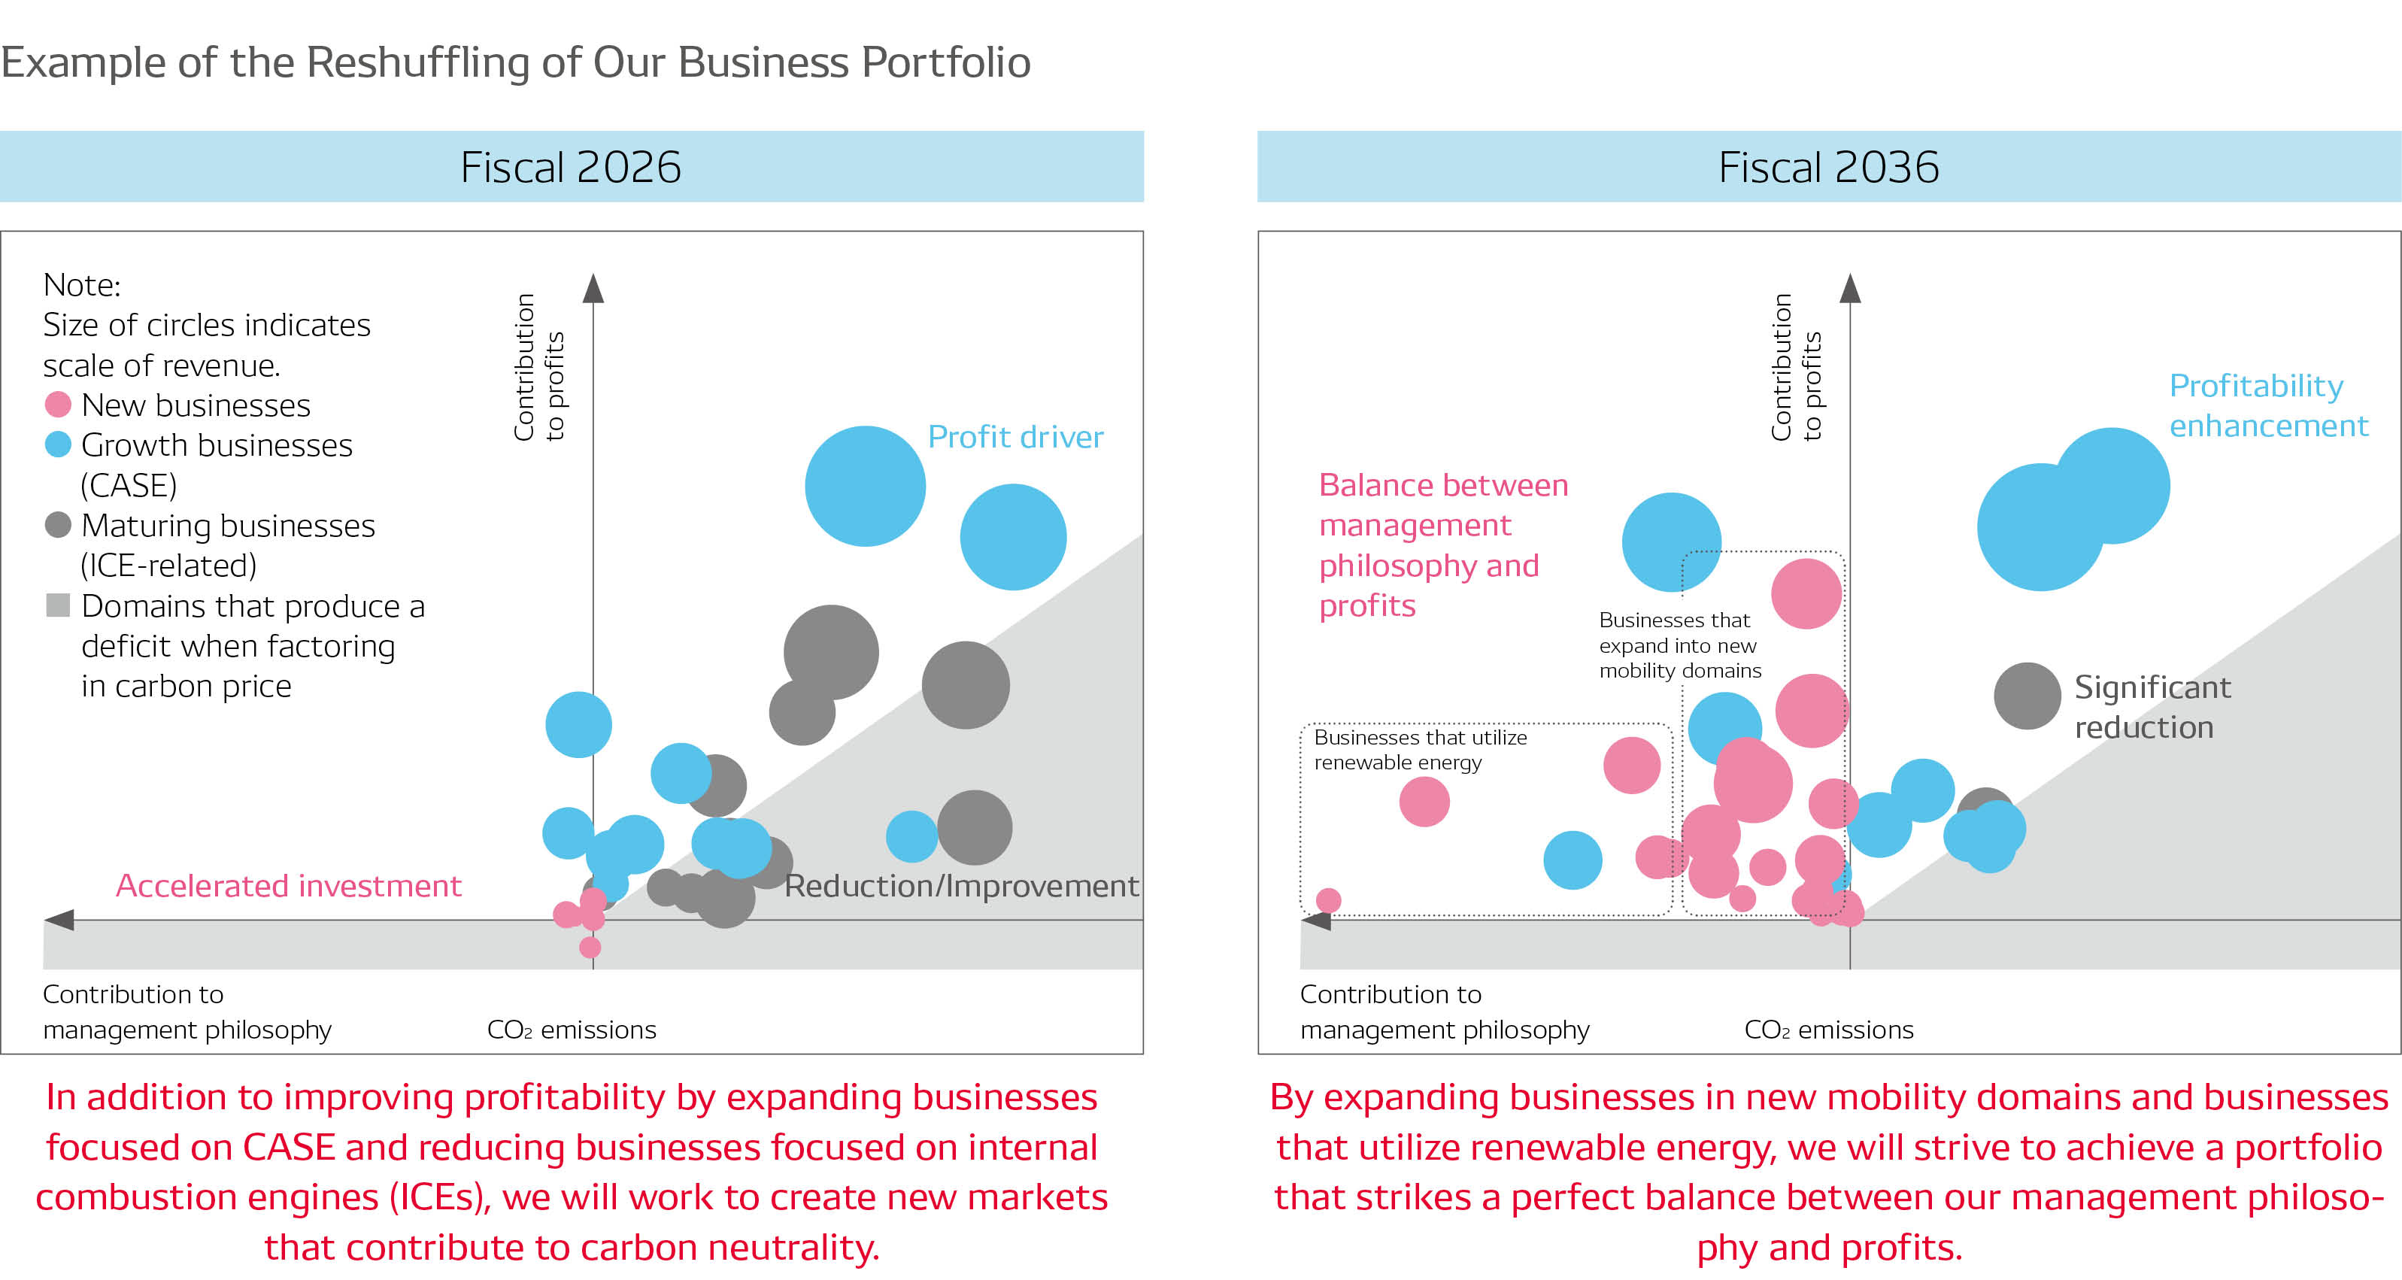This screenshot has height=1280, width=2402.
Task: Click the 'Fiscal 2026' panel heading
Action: (x=571, y=168)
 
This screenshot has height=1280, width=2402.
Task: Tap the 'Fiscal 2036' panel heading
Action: (x=1827, y=168)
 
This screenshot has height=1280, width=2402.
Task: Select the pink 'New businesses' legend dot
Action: (x=58, y=405)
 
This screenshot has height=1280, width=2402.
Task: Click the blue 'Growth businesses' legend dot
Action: (x=58, y=444)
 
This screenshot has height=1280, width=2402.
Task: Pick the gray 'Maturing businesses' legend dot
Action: (x=58, y=525)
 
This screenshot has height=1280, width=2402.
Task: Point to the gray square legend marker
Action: (x=58, y=606)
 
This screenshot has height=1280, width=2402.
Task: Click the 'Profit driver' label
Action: (x=1014, y=437)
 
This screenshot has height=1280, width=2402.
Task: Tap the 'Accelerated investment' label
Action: (x=288, y=886)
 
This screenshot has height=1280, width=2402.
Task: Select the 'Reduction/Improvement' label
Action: (x=960, y=886)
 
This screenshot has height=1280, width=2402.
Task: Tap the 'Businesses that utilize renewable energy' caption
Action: (x=1419, y=750)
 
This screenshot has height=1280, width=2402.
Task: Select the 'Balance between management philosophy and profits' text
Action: (x=1442, y=545)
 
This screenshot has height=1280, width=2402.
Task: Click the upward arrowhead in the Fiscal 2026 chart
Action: (x=593, y=288)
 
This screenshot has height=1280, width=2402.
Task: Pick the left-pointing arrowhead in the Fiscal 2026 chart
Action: (x=59, y=921)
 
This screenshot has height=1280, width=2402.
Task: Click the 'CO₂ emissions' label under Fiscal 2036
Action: (x=1827, y=1030)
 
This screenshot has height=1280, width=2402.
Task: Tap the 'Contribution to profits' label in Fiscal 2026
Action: (x=539, y=367)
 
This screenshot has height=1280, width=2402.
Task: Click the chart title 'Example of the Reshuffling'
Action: (x=514, y=62)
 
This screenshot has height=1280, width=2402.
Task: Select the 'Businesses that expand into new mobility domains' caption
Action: (x=1679, y=645)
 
